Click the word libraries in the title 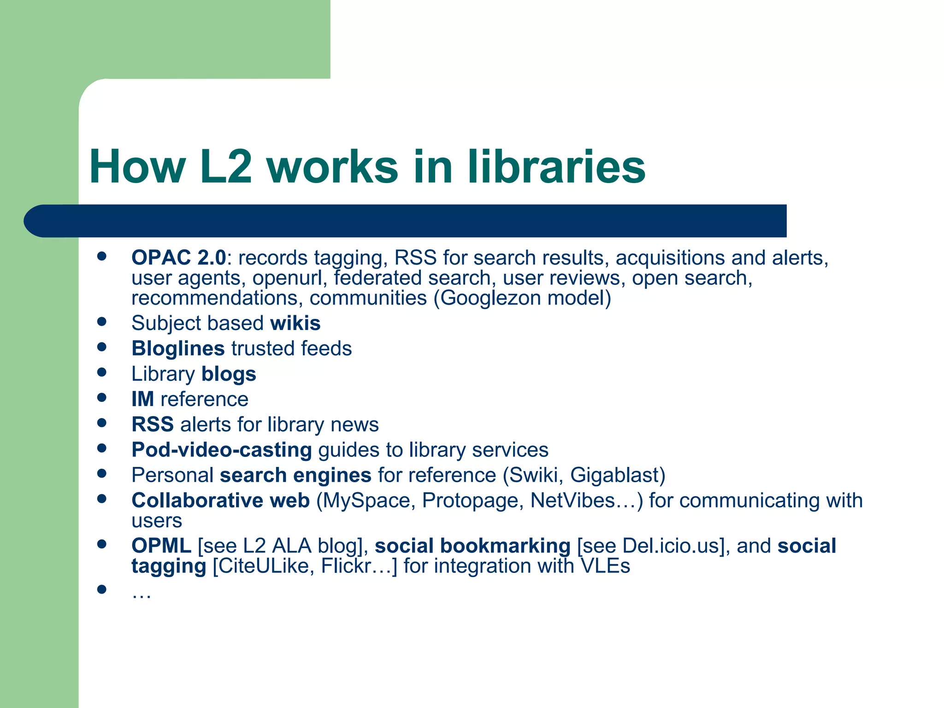point(556,167)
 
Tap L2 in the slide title point(226,167)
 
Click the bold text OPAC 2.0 point(179,258)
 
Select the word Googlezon point(490,298)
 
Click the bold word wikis point(295,323)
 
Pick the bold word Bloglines point(178,348)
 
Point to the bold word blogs point(229,374)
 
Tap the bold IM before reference point(142,399)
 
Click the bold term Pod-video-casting point(222,450)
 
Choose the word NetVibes point(572,501)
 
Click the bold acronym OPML point(161,546)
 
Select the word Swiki point(534,475)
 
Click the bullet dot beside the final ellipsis point(102,589)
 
